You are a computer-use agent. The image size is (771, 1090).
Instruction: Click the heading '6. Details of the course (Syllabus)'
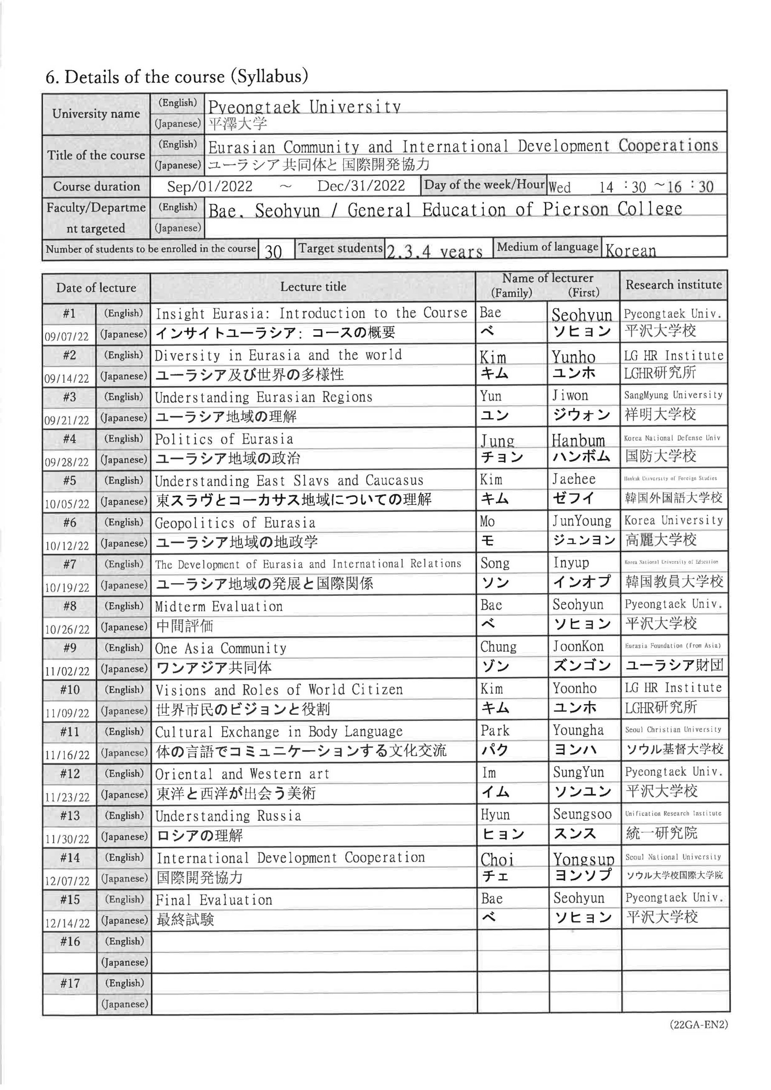pos(176,77)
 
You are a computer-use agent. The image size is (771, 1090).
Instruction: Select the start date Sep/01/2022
pos(209,186)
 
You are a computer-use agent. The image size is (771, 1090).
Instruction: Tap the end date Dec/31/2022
pos(361,186)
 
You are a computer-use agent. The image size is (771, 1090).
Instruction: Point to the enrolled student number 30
pos(273,251)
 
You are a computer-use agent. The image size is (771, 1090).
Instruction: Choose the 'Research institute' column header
pos(673,285)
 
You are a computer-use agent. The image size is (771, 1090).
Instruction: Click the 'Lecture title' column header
pos(313,287)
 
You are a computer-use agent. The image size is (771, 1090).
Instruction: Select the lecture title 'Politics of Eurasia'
pos(224,439)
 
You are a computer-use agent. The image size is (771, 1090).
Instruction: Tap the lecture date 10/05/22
pos(67,504)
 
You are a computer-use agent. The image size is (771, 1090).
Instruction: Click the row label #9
pos(69,648)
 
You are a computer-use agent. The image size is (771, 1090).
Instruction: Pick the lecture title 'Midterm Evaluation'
pos(218,607)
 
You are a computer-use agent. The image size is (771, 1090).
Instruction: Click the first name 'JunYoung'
pos(582,521)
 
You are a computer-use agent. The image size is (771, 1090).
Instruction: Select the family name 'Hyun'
pos(495,815)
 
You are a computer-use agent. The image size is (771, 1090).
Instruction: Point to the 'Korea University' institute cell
pos(673,521)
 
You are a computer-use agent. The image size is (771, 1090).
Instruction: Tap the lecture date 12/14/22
pos(67,923)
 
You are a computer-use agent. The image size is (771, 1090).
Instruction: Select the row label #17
pos(69,983)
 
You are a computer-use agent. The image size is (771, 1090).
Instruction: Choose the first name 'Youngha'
pos(578,731)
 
